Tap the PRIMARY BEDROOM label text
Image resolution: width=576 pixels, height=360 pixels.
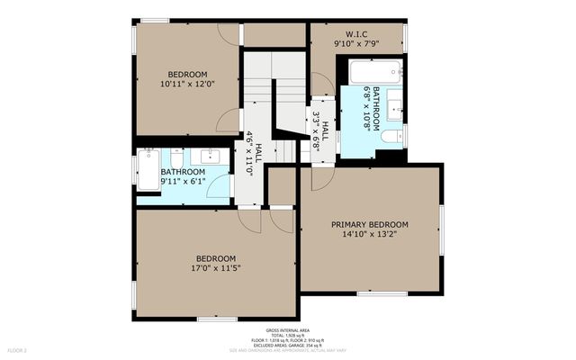369,225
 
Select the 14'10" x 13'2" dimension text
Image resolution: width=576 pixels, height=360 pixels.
369,235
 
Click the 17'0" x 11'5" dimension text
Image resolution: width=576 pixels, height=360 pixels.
216,267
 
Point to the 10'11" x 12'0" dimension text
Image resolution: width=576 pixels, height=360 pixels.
187,84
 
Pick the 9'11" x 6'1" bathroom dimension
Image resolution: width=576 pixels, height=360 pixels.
183,181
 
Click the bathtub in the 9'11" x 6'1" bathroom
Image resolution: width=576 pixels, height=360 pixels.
148,169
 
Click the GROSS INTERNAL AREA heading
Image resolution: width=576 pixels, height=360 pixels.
288,330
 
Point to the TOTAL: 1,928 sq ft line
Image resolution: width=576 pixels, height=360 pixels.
288,336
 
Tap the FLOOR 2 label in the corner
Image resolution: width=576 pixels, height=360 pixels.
18,349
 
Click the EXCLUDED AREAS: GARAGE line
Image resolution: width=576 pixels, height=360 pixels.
288,345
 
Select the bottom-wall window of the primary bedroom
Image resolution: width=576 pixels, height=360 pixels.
382,293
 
